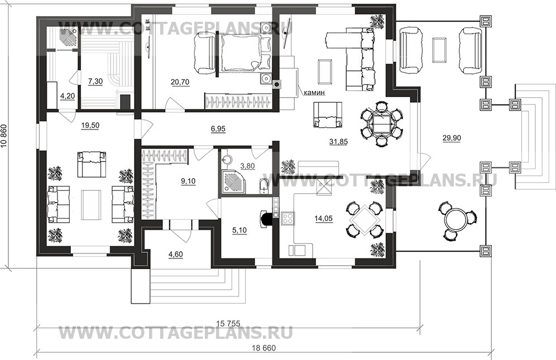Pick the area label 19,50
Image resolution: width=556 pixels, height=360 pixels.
(x=90, y=126)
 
